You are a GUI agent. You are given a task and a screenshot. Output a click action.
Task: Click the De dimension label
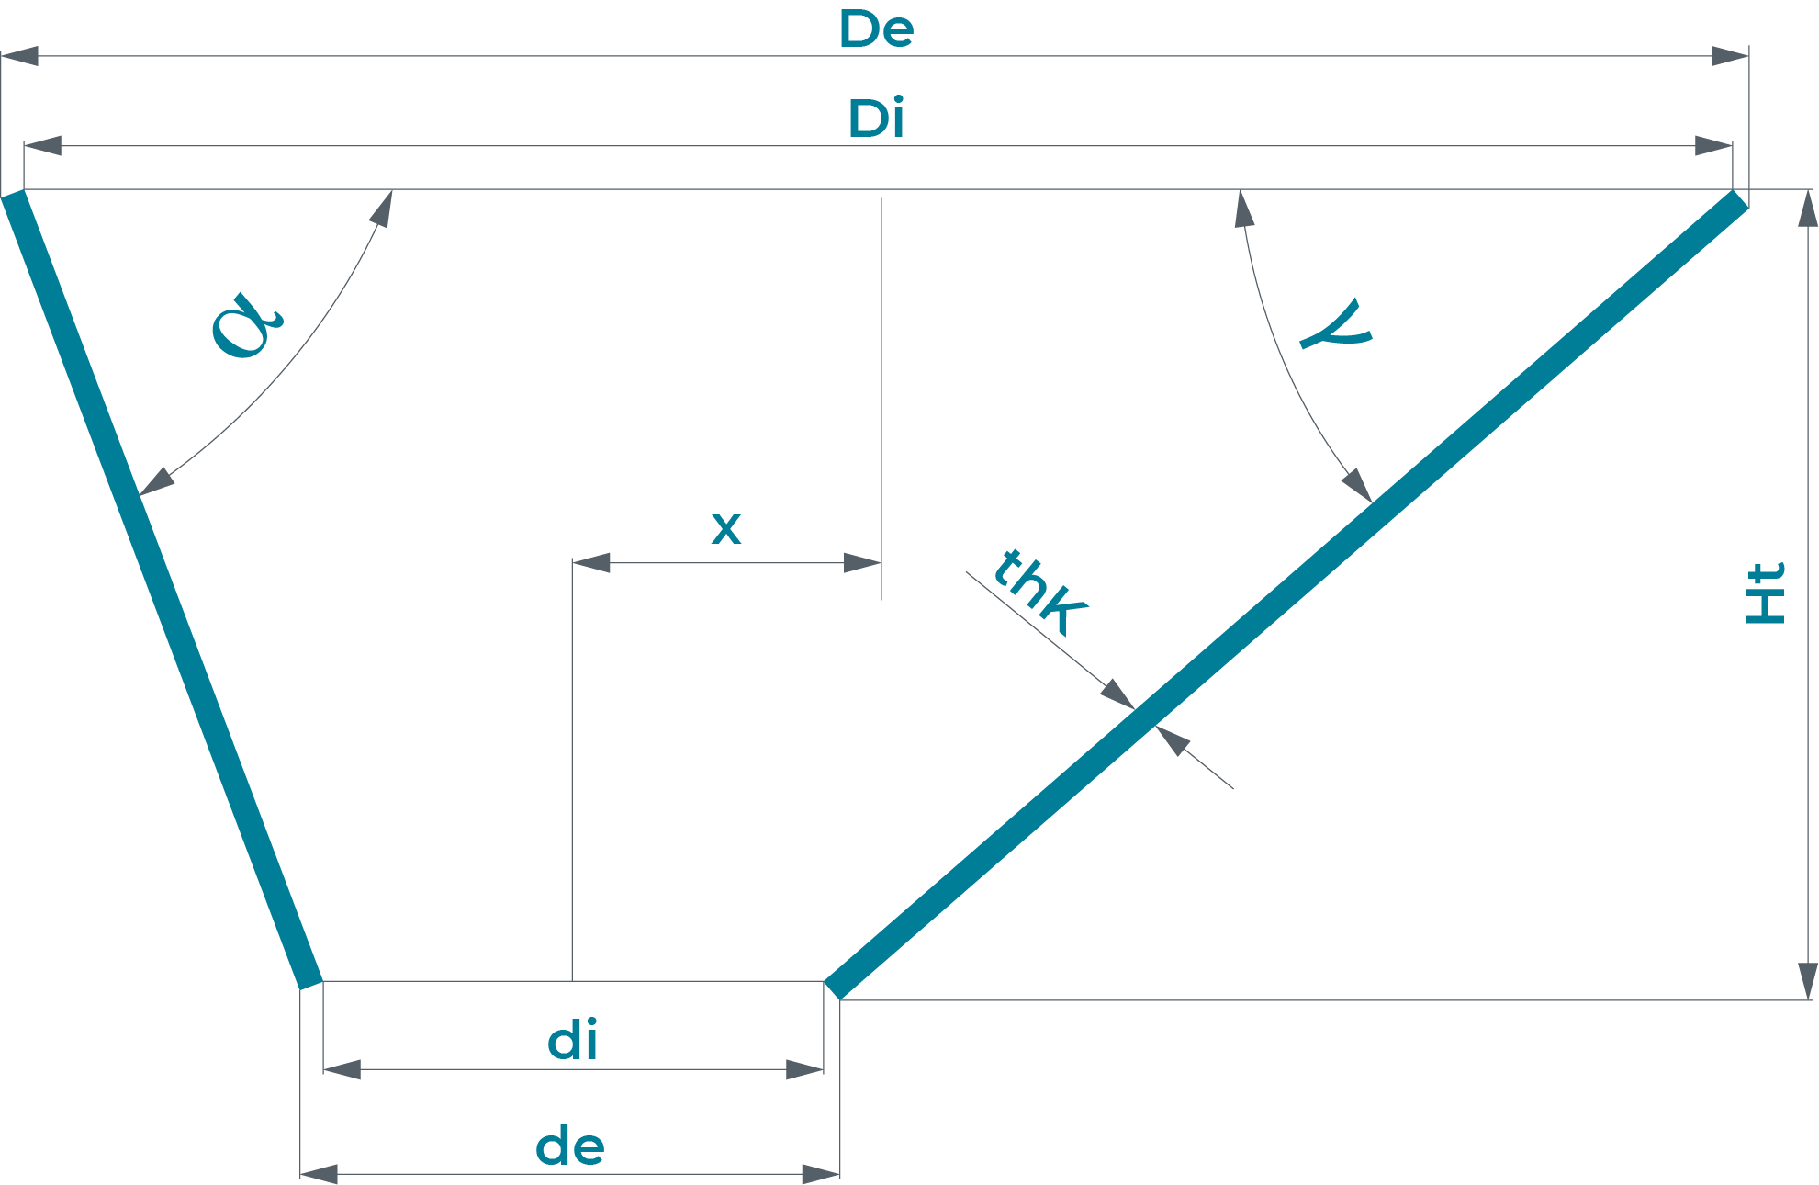(x=876, y=29)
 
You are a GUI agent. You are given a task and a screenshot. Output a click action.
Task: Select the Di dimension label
(x=876, y=119)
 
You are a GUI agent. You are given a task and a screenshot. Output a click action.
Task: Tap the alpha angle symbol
(x=246, y=325)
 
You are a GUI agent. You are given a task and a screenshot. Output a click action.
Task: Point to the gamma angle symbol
(x=1337, y=326)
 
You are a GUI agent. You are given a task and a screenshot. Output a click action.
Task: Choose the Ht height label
(x=1764, y=593)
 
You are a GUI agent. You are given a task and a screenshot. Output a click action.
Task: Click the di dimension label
(x=572, y=1042)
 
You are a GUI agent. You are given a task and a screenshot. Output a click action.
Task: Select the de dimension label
(x=569, y=1147)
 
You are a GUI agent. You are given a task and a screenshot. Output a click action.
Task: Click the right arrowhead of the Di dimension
(x=1713, y=146)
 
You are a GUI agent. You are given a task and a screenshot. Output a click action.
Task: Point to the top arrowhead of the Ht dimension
(x=1807, y=209)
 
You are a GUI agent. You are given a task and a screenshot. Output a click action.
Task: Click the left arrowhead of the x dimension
(x=591, y=562)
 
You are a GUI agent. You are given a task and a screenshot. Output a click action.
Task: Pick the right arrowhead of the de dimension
(x=821, y=1174)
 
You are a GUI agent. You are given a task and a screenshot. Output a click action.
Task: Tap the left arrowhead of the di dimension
(x=342, y=1069)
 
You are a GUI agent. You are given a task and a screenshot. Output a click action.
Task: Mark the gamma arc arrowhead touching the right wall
(x=1358, y=484)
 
